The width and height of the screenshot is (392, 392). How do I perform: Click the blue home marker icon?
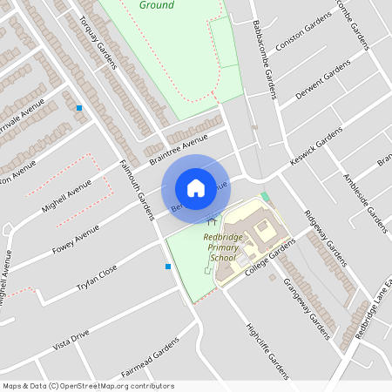coord(195,188)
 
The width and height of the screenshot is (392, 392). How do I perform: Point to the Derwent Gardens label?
coord(323,79)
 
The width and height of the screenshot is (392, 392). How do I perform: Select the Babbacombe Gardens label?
coord(264,60)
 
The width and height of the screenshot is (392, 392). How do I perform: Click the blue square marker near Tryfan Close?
coord(168,267)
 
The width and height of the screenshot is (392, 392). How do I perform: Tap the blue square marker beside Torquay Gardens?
coord(79,108)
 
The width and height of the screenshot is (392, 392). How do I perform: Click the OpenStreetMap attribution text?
coord(88,386)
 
